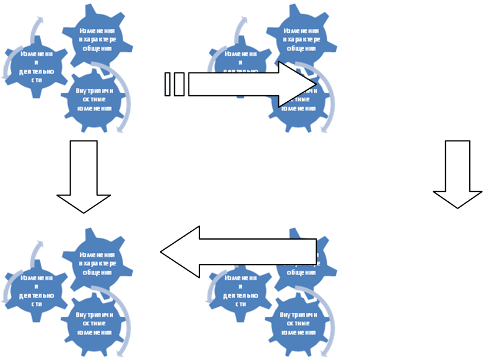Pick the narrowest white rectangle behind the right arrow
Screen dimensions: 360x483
pos(168,84)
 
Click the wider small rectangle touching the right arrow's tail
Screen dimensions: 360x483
pos(179,84)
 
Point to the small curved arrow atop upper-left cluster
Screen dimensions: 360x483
pos(37,27)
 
